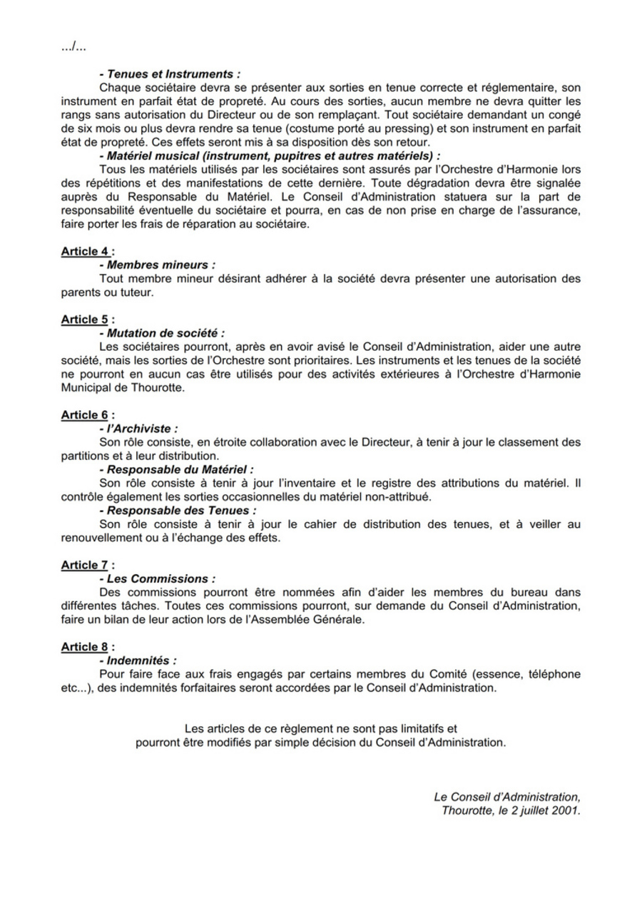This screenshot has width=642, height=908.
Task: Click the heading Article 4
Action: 87,252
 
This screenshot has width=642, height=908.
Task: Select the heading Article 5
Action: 87,320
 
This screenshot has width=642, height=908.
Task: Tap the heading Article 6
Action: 87,415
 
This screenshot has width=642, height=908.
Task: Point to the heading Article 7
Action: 87,566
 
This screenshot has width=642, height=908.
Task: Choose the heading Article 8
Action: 87,647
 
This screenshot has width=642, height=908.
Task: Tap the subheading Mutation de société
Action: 162,332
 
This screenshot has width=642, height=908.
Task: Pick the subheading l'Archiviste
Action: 136,429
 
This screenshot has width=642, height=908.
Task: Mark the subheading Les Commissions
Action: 157,579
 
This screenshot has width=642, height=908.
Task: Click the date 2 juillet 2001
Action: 542,810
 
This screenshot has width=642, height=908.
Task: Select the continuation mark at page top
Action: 73,47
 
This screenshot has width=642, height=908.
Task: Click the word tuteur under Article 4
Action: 136,292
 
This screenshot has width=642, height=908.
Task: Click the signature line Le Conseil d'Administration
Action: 507,797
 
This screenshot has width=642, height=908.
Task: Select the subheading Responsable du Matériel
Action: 175,469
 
